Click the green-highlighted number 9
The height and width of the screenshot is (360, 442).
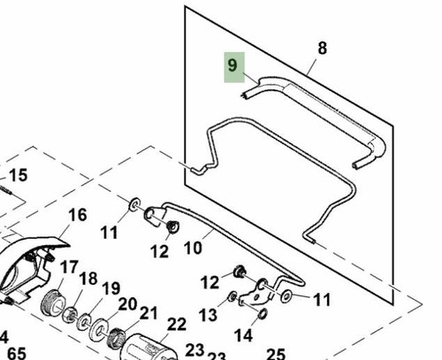point(232,65)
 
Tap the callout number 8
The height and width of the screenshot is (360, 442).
point(323,48)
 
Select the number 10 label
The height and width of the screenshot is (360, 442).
point(193,248)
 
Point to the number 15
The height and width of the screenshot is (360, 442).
point(19,175)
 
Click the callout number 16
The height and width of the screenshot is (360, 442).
point(78,215)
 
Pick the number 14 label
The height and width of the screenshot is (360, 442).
point(243,335)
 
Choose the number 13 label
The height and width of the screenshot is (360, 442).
point(208,315)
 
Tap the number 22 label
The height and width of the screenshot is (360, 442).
point(177,325)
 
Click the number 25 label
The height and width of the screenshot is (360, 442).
point(276,354)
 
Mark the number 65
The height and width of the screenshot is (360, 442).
point(17,354)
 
